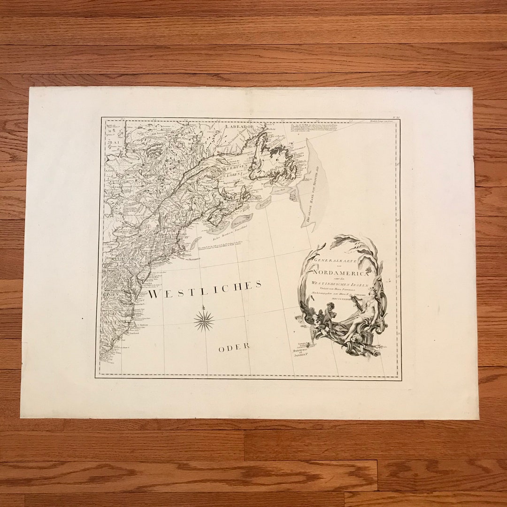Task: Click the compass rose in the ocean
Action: (204, 321)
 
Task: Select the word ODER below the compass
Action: (234, 347)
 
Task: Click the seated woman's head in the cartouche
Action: (373, 293)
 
